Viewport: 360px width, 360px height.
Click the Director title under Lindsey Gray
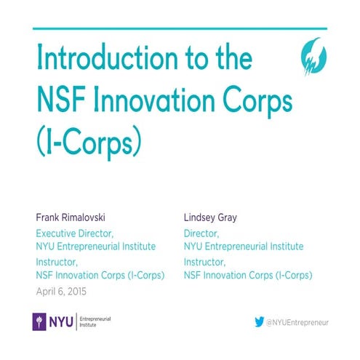pyautogui.click(x=201, y=233)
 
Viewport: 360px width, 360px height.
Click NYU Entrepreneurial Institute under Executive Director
pyautogui.click(x=96, y=247)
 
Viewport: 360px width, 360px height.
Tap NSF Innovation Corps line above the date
pyautogui.click(x=100, y=276)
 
